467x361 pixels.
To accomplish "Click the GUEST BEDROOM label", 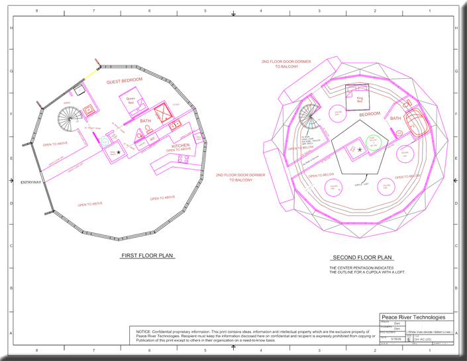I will [x=125, y=81].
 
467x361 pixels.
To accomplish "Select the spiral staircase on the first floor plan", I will [x=68, y=120].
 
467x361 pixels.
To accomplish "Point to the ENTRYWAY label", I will [x=31, y=182].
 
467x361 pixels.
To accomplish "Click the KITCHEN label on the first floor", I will [x=181, y=145].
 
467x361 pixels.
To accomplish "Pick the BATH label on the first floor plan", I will [x=146, y=121].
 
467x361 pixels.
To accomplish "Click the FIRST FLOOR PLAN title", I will [x=147, y=255].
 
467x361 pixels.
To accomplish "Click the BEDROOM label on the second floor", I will [x=370, y=114].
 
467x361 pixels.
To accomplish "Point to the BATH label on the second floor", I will [x=395, y=119].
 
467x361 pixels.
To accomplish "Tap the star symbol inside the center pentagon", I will [x=360, y=150].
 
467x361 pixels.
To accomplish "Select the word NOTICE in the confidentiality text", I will [x=144, y=331].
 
